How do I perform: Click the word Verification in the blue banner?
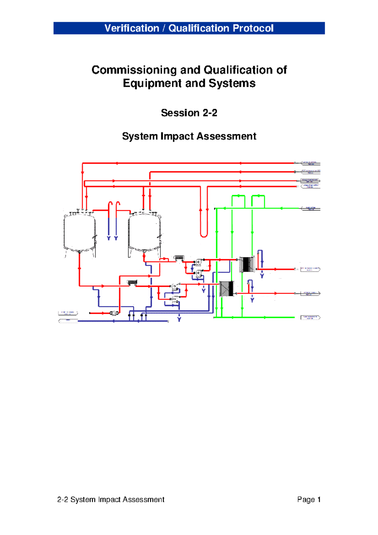click(x=132, y=28)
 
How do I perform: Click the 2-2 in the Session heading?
click(x=210, y=113)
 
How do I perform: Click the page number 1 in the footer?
click(x=319, y=499)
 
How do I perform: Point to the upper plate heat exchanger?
click(x=247, y=264)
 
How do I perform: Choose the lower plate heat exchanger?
click(x=226, y=289)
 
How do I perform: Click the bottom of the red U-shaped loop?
click(x=204, y=235)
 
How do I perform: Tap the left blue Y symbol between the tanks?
click(x=109, y=238)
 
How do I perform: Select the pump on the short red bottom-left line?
click(x=114, y=313)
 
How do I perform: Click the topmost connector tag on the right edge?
click(x=310, y=163)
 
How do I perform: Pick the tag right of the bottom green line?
click(x=310, y=317)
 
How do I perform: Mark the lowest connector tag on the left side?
click(x=68, y=321)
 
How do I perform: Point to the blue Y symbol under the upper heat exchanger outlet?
click(x=262, y=276)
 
